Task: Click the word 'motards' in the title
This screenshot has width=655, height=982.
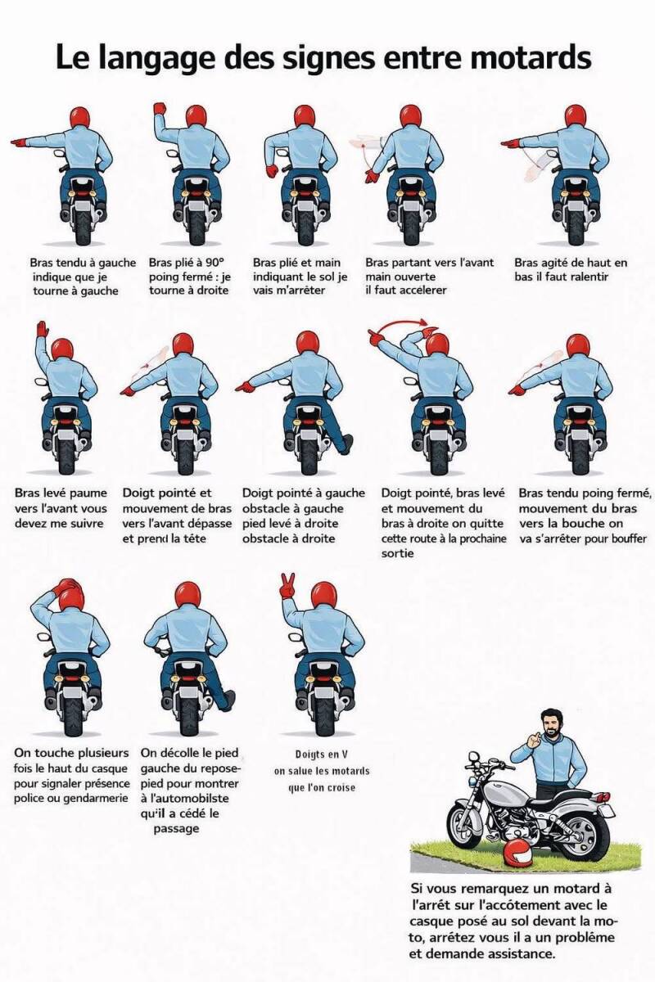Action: point(531,58)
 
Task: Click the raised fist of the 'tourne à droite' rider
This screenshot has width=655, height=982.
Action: point(159,109)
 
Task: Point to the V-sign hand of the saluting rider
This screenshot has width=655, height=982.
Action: point(287,586)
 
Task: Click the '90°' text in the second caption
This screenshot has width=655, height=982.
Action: point(212,262)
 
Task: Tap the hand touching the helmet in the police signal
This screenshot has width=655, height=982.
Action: point(68,585)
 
